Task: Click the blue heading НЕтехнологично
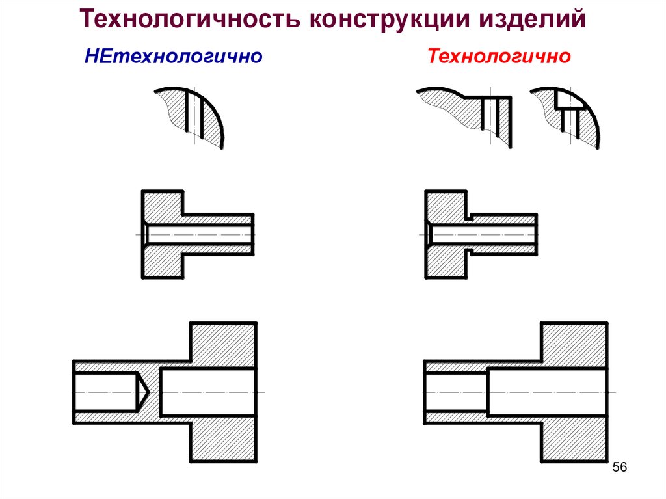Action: point(173,57)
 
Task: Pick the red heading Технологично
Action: point(499,57)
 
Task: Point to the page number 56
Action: point(619,468)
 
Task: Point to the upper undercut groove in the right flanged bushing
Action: point(468,215)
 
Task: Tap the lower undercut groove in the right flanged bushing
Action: point(468,250)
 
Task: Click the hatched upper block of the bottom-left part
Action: point(223,342)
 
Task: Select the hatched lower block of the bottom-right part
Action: point(575,442)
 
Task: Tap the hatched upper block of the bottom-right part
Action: point(575,342)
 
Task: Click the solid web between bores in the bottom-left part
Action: point(153,392)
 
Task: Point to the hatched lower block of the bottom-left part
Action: point(223,442)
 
